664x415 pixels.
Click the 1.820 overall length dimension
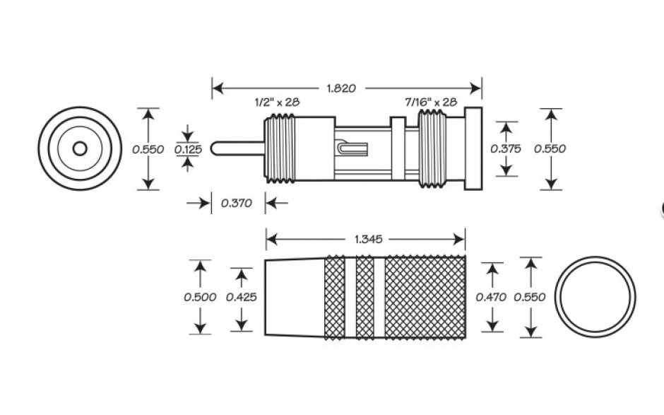[x=341, y=88]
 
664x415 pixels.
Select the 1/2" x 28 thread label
[x=277, y=103]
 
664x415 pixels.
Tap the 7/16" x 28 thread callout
[x=431, y=103]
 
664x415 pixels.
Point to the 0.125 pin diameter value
[x=189, y=149]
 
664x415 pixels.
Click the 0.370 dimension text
[x=237, y=203]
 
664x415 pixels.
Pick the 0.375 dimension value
[x=506, y=148]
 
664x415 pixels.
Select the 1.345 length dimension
[x=369, y=240]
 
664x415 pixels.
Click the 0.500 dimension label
[x=200, y=297]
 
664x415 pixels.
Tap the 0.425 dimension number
[x=242, y=297]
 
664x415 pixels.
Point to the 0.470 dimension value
[x=491, y=297]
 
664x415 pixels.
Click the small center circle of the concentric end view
[x=80, y=148]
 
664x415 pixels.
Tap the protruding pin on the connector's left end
[x=237, y=148]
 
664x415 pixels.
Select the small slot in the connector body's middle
[x=352, y=148]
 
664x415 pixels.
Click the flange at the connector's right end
[x=473, y=148]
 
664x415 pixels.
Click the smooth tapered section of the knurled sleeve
[x=295, y=297]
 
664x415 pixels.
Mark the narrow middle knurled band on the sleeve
[x=365, y=297]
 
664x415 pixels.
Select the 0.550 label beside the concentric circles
[x=148, y=149]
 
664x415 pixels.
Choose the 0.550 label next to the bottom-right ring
[x=530, y=297]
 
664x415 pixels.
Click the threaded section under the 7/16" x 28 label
[x=432, y=148]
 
